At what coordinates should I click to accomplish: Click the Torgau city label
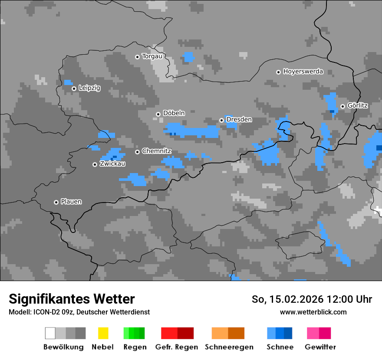point(152,56)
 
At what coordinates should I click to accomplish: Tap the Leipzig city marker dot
point(74,88)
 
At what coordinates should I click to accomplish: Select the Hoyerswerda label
point(303,72)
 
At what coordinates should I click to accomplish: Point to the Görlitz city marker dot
point(342,106)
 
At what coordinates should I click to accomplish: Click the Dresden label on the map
point(239,120)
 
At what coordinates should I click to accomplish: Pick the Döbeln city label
point(174,113)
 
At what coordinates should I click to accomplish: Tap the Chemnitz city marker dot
point(137,152)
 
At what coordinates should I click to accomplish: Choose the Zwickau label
point(112,164)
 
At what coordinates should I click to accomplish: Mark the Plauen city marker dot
point(56,202)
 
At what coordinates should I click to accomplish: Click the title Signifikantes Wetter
point(72,299)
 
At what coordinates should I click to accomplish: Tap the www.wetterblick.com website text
point(313,312)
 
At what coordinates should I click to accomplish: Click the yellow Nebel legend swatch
point(103,333)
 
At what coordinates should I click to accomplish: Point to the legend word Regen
point(134,347)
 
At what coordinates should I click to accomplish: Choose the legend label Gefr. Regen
point(177,347)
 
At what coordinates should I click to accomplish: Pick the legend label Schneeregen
point(229,347)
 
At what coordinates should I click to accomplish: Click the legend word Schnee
point(280,347)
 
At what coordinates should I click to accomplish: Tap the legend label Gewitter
point(320,347)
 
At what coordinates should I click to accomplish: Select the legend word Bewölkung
point(63,347)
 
